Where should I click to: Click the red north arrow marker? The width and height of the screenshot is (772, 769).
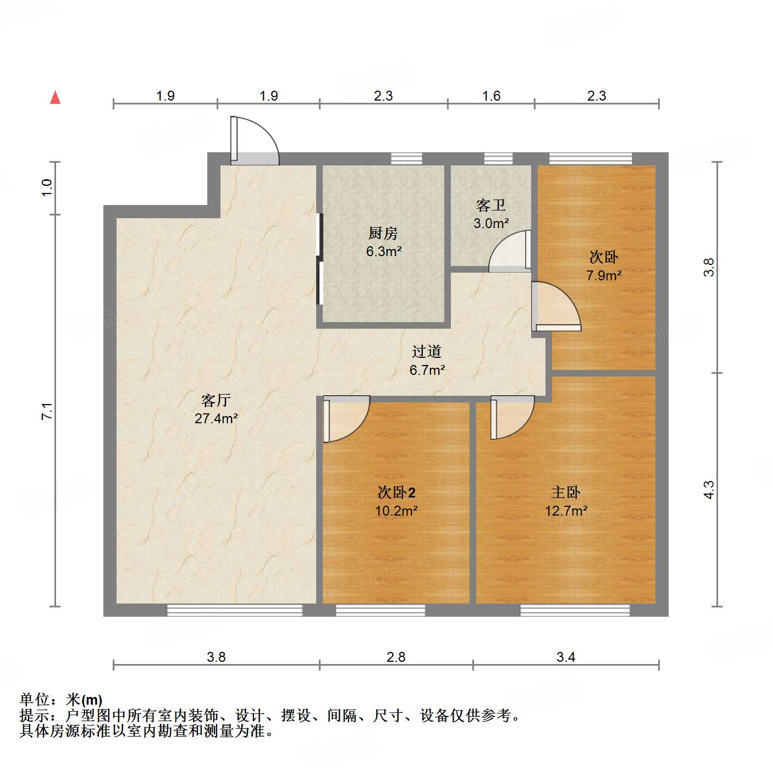coord(55,97)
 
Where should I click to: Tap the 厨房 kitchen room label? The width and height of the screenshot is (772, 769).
coord(383,234)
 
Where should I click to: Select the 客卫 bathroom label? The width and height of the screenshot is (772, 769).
coord(491,206)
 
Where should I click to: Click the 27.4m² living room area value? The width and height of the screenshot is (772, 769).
coord(216,419)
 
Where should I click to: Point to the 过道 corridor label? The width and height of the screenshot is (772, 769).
coord(427,352)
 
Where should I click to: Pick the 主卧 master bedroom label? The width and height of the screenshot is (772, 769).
coord(566,493)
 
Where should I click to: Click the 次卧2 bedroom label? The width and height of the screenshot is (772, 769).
coord(396,493)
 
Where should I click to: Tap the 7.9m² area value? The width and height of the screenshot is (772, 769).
coord(604,275)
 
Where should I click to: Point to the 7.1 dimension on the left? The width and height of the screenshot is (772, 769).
coord(47,411)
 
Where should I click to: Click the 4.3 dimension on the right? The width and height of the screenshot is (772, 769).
coord(709,489)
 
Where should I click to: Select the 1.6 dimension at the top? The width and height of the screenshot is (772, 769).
coord(491,96)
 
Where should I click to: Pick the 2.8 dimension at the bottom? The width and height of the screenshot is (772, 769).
coord(396,657)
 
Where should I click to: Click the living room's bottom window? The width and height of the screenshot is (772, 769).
coord(235,610)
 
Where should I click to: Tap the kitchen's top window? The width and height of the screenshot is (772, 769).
coord(406,159)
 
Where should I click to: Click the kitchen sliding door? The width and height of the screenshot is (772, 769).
coord(319,258)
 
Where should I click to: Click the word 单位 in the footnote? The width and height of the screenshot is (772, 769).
coord(35,700)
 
